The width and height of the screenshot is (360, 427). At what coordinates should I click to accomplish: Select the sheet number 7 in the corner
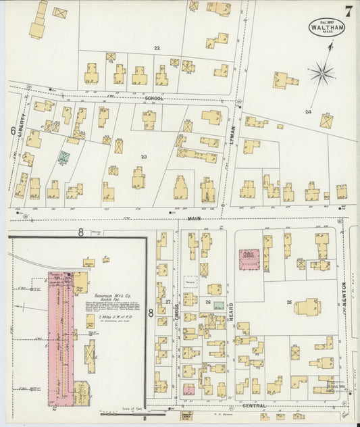[x=348, y=11]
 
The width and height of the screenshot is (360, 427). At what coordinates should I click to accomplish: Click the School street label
[x=154, y=98]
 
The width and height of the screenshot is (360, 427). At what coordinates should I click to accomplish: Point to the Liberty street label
[x=20, y=125]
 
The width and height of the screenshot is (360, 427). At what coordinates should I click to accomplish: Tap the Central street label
[x=253, y=406]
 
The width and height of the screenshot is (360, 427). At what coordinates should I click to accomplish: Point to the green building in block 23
[x=63, y=158]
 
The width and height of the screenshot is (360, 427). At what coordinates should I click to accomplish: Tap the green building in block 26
[x=219, y=305]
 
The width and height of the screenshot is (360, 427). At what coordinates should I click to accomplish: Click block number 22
[x=157, y=48]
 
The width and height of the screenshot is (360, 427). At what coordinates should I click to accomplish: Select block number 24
[x=308, y=111]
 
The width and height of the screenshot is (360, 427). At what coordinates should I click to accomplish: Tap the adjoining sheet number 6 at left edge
[x=12, y=131]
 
